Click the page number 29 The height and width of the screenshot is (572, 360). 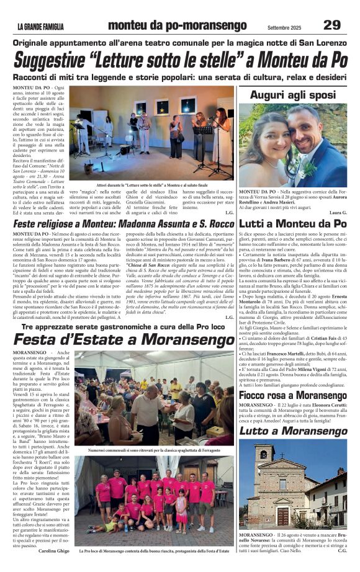[331, 25]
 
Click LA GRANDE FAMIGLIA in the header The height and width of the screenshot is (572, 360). [40, 26]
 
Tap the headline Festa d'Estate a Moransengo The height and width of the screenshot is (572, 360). [109, 341]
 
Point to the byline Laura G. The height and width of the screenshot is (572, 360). [335, 213]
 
